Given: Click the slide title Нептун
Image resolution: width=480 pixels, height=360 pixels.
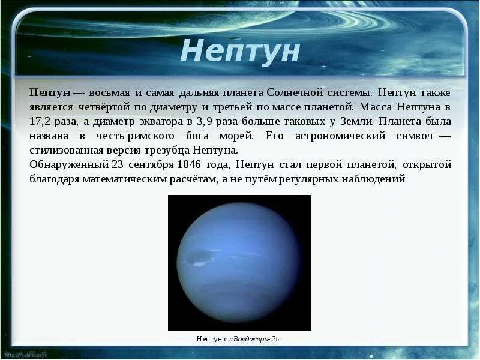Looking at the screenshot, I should pyautogui.click(x=239, y=51).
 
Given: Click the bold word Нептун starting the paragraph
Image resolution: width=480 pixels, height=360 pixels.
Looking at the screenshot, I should pyautogui.click(x=50, y=93).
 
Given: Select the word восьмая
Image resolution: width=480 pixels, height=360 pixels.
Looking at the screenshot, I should pyautogui.click(x=111, y=93).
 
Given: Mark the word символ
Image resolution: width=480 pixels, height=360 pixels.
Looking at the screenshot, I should pyautogui.click(x=414, y=136).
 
